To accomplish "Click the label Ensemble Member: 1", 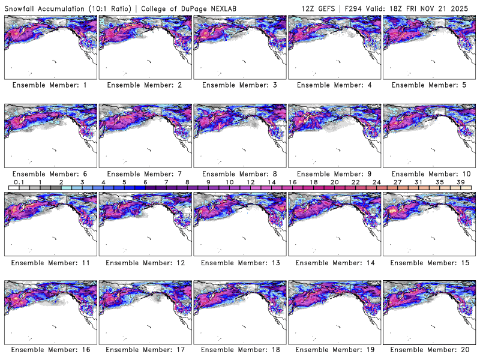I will pyautogui.click(x=50, y=85).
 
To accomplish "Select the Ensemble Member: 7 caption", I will pyautogui.click(x=145, y=173).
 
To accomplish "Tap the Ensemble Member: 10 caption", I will pyautogui.click(x=428, y=173).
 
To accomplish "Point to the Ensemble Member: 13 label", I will pyautogui.click(x=239, y=262).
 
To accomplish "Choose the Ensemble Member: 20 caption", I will pyautogui.click(x=428, y=349).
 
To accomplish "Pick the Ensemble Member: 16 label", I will pyautogui.click(x=50, y=349).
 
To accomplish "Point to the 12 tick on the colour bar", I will pyautogui.click(x=250, y=182).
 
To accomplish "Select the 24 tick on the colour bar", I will pyautogui.click(x=376, y=182).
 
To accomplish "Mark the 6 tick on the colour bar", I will pyautogui.click(x=145, y=182).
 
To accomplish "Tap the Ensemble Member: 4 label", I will pyautogui.click(x=334, y=85).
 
